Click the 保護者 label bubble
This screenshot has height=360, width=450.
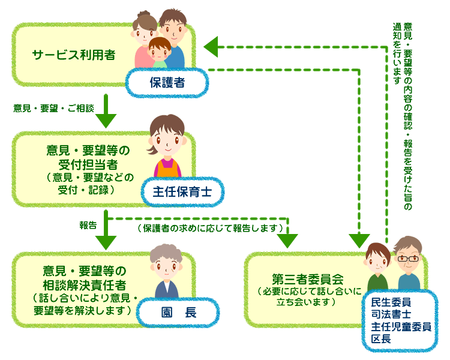click(167, 83)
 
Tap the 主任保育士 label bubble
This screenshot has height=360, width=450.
click(182, 192)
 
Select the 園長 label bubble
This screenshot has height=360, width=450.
click(178, 313)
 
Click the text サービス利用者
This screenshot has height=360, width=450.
click(74, 55)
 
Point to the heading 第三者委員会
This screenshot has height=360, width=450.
click(308, 279)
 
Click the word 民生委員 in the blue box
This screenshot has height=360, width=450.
click(391, 302)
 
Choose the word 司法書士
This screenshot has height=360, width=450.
click(391, 314)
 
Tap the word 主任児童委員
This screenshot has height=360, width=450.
click(401, 326)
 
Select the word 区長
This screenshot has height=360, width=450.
click(381, 339)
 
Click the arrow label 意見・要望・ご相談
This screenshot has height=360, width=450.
click(53, 108)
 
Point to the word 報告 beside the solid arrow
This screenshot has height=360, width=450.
click(88, 226)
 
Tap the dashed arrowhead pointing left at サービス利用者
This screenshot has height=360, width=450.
click(211, 47)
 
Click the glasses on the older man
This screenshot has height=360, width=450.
click(408, 259)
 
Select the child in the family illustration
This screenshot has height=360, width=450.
click(160, 53)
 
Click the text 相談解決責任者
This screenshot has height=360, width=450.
click(85, 285)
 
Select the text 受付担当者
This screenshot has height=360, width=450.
click(88, 164)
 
